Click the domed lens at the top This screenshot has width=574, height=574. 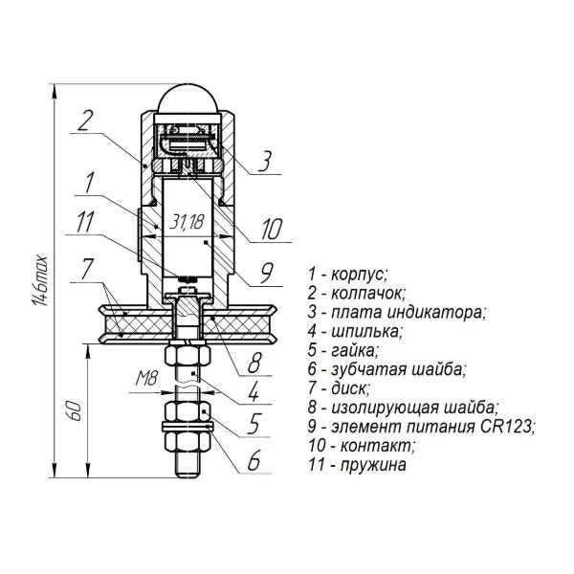188,99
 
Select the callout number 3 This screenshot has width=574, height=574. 265,161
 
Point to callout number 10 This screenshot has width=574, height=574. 272,230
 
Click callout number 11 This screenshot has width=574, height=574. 85,222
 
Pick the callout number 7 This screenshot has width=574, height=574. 88,269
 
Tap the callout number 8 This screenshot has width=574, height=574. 254,363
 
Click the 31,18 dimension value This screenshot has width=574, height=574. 187,222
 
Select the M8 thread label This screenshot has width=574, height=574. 146,378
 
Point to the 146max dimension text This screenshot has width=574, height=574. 40,280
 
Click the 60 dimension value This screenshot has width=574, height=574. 75,411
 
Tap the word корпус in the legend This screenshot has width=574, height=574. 359,275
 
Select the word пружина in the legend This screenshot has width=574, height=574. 373,465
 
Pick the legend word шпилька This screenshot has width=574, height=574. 366,332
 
